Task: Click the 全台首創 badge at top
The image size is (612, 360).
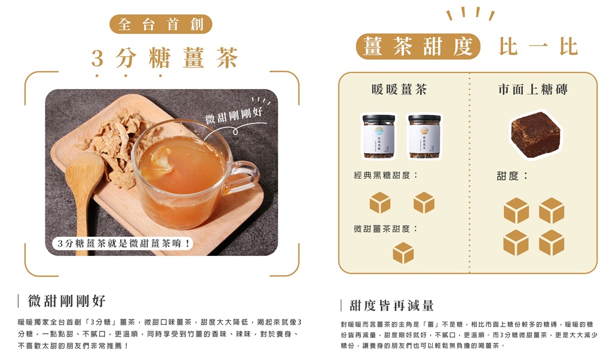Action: pyautogui.click(x=161, y=25)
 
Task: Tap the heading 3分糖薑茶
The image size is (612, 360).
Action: pyautogui.click(x=165, y=59)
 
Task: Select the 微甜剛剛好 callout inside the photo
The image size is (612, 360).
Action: pyautogui.click(x=234, y=115)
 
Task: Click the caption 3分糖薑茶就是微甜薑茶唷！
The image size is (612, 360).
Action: pyautogui.click(x=123, y=243)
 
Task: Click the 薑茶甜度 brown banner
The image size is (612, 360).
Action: pyautogui.click(x=418, y=47)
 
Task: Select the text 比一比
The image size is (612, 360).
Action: pyautogui.click(x=538, y=47)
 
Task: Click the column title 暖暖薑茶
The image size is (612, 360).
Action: pyautogui.click(x=399, y=90)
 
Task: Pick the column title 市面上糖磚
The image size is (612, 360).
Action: pyautogui.click(x=533, y=90)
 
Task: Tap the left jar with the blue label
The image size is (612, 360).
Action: pyautogui.click(x=379, y=137)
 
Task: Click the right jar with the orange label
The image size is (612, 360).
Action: pyautogui.click(x=424, y=137)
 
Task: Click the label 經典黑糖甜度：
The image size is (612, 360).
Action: pyautogui.click(x=385, y=175)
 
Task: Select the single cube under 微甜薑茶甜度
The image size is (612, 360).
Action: pyautogui.click(x=403, y=253)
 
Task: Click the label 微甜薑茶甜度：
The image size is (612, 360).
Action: pyautogui.click(x=385, y=229)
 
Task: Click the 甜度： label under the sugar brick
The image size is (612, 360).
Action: pyautogui.click(x=512, y=176)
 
